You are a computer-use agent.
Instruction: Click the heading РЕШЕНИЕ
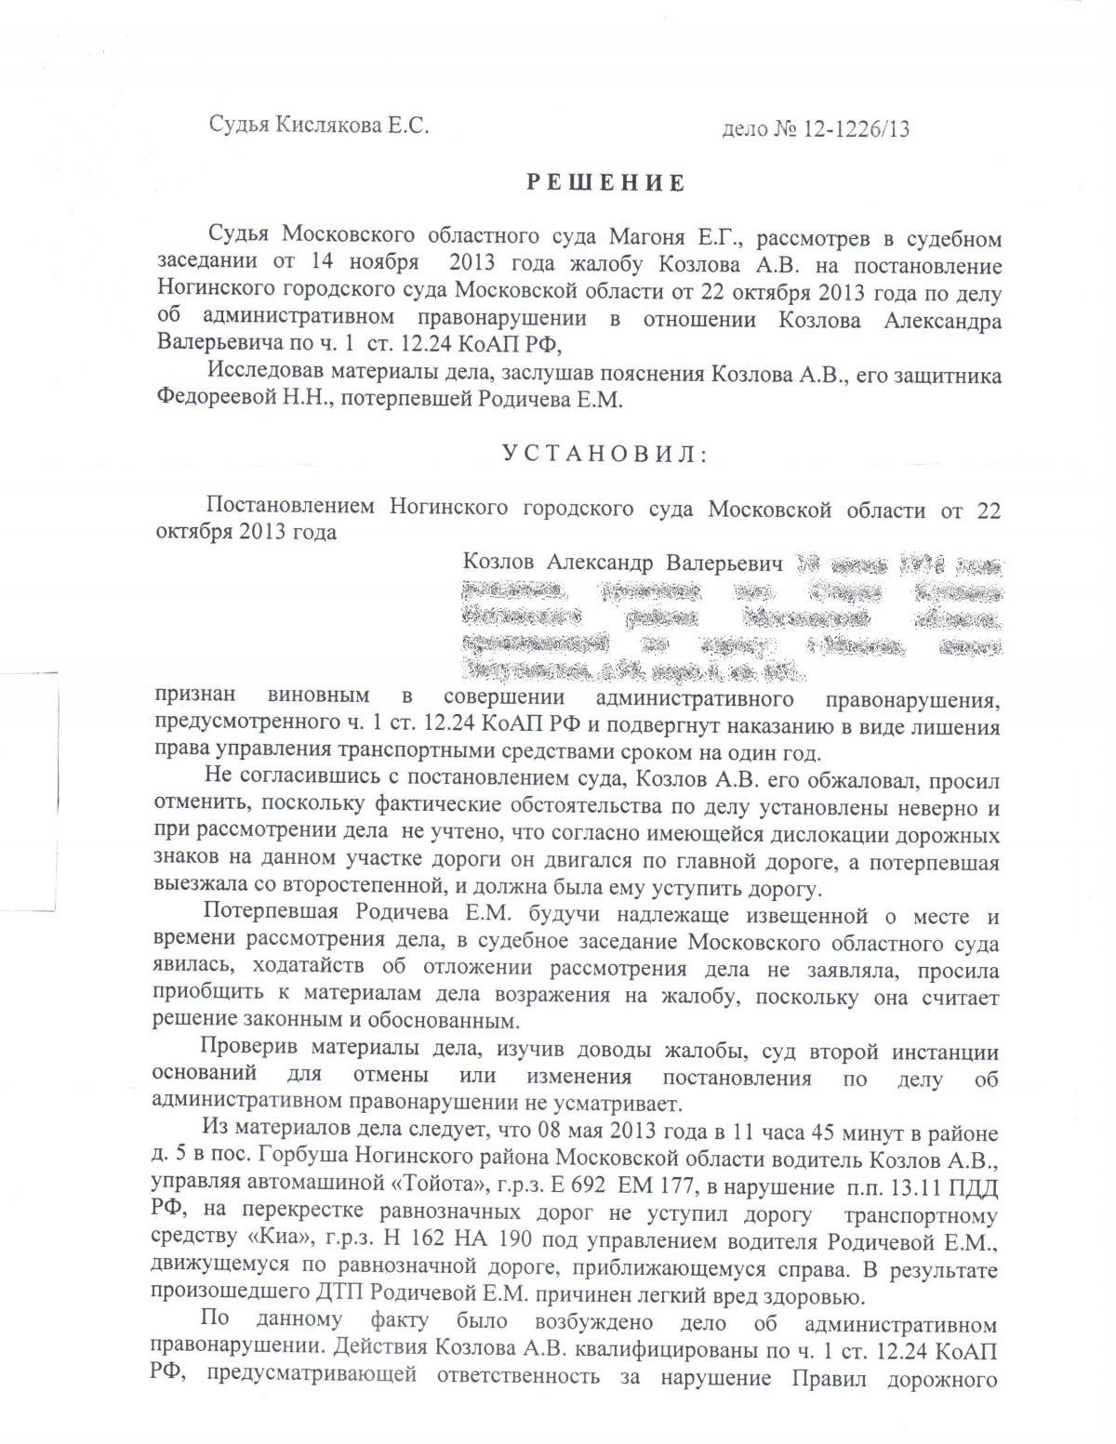[606, 183]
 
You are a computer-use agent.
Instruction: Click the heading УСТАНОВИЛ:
[604, 454]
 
